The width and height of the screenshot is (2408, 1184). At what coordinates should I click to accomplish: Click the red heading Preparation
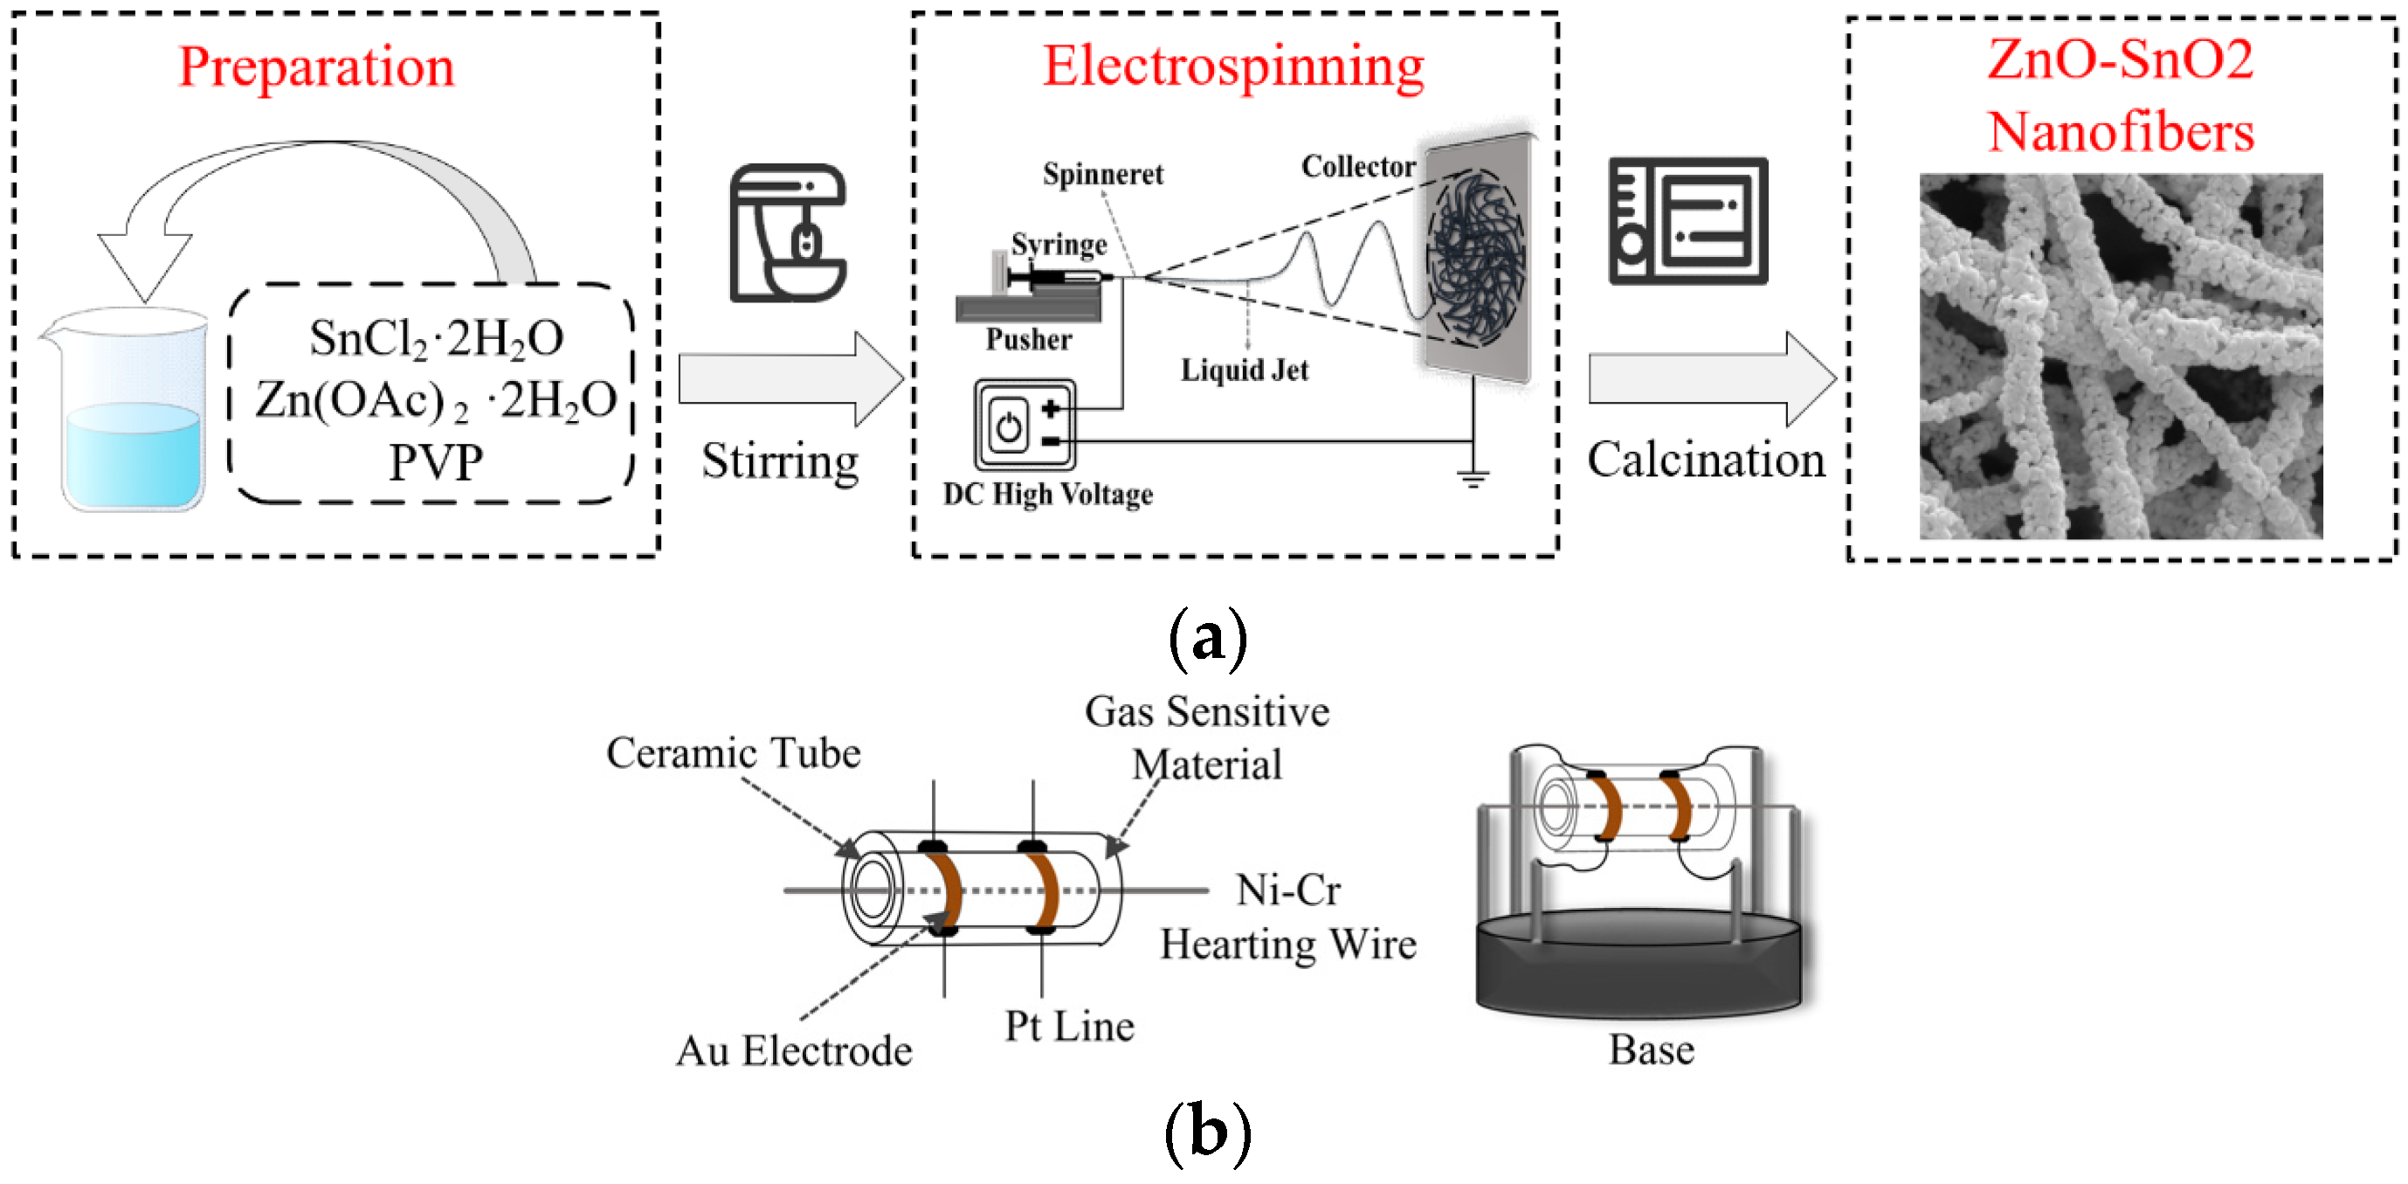click(x=316, y=67)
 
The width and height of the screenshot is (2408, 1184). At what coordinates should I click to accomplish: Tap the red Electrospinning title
click(x=1233, y=67)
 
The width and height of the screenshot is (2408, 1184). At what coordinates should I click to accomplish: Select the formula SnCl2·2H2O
click(x=437, y=338)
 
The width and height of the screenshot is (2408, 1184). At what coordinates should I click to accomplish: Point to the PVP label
click(x=436, y=462)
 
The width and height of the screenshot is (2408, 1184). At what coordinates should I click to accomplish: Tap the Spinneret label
click(x=1103, y=174)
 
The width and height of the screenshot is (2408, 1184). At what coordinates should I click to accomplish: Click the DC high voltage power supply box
click(x=1025, y=425)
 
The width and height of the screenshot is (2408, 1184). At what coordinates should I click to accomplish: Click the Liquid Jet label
click(x=1245, y=370)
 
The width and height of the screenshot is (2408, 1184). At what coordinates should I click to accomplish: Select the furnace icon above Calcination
click(x=1687, y=221)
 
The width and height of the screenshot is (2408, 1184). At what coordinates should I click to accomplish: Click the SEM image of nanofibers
click(x=2120, y=356)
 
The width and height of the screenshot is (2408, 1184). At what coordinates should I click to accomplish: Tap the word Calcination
click(x=1706, y=460)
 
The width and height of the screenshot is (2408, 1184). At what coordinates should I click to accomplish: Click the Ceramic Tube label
click(x=733, y=753)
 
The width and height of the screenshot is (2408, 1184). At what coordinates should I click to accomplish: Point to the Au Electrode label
click(x=794, y=1050)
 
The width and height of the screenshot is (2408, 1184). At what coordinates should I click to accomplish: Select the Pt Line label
click(x=1069, y=1026)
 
